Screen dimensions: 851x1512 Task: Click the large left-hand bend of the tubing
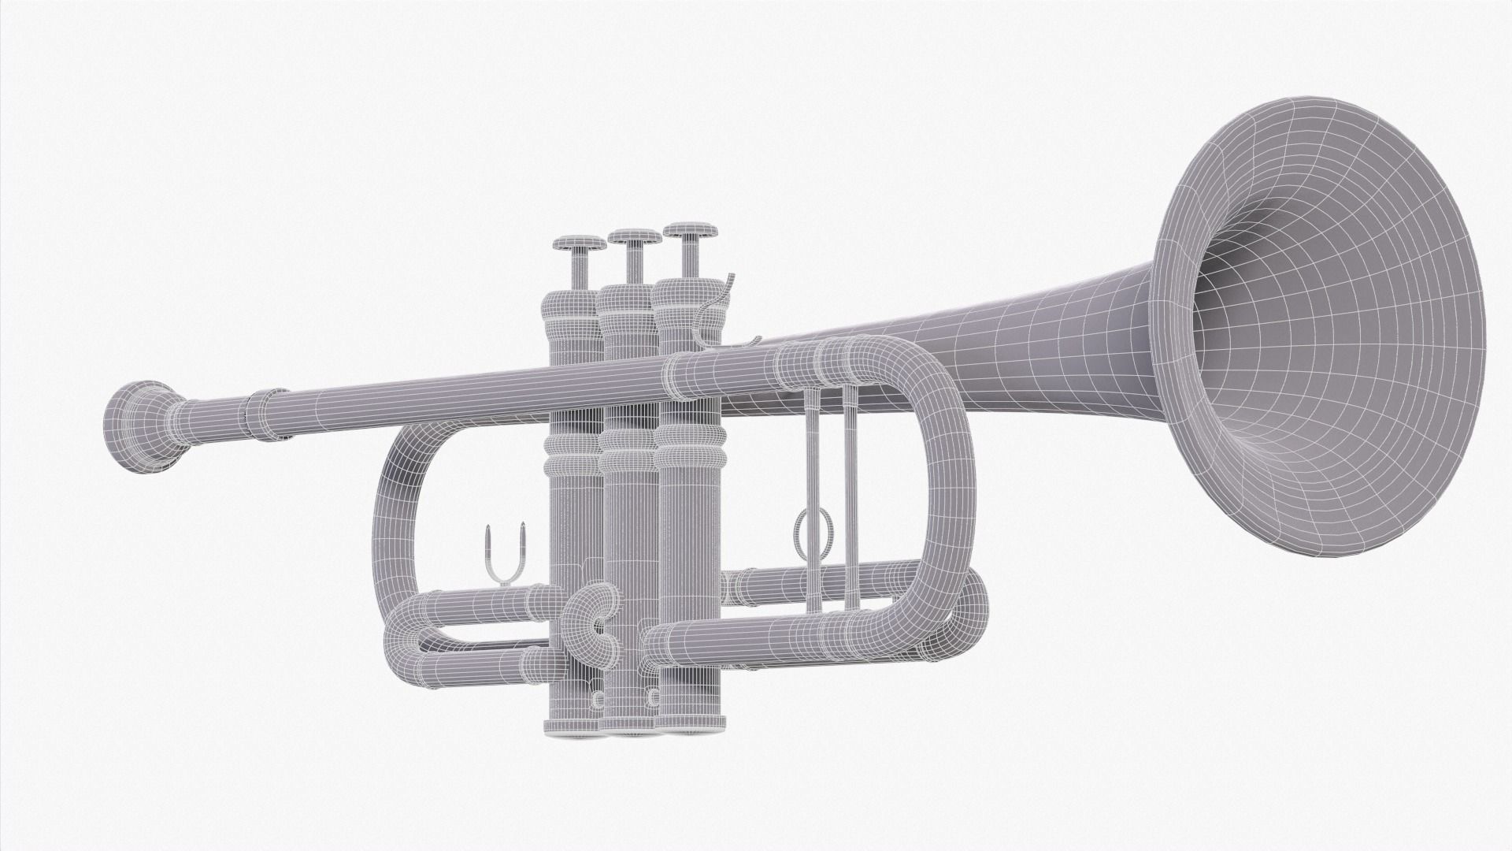(x=394, y=504)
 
